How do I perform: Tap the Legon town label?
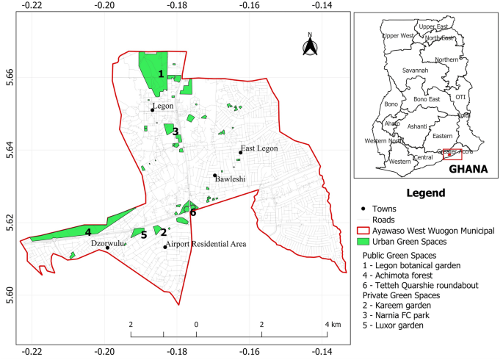point(164,106)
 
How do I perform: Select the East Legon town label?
point(258,148)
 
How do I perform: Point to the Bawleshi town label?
point(230,179)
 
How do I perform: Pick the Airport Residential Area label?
point(206,243)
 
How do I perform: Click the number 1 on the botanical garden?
point(161,73)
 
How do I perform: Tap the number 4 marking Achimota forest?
point(88,232)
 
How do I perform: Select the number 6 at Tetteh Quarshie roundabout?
point(193,212)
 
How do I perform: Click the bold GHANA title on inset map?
point(468,168)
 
